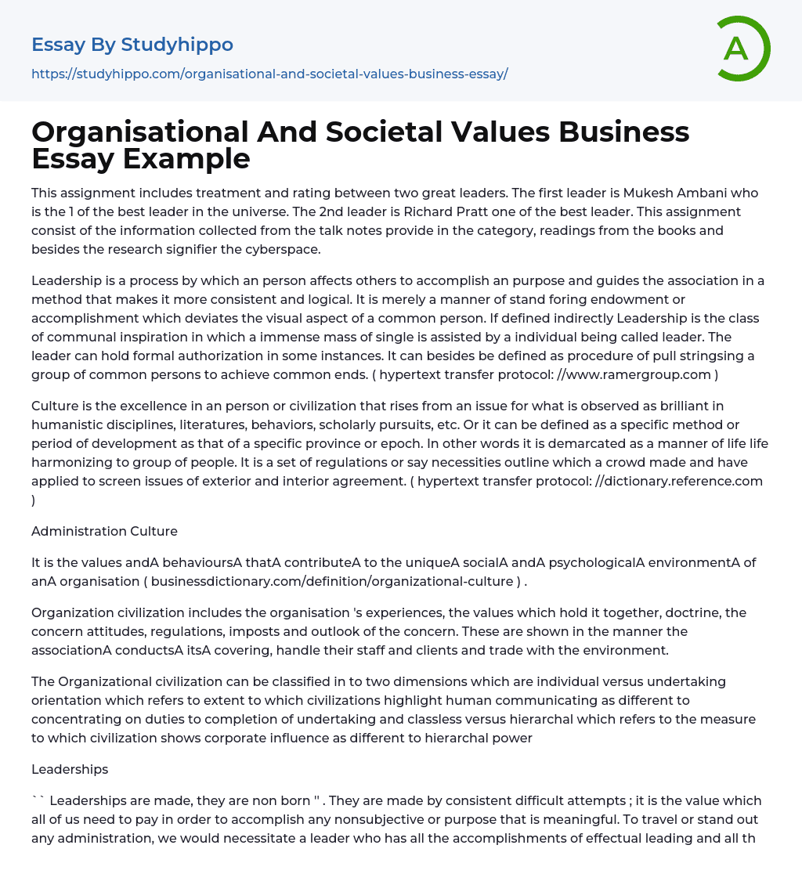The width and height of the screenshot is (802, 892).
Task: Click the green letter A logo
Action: click(x=742, y=49)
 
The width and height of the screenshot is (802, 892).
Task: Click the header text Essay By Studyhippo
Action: click(x=132, y=45)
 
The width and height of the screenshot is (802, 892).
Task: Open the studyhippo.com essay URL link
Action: click(x=269, y=74)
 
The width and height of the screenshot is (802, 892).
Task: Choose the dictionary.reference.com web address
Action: click(x=679, y=481)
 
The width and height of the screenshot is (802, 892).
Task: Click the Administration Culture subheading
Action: click(x=104, y=531)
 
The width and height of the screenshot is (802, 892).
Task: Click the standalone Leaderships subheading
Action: click(x=70, y=769)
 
